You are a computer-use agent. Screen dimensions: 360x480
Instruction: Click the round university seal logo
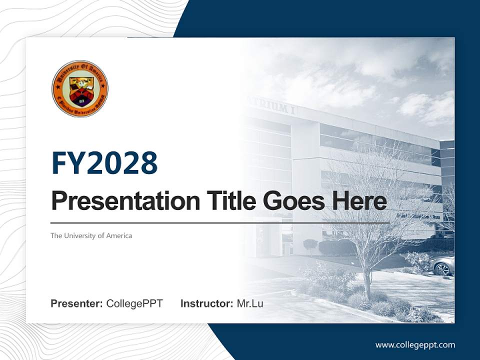(80, 88)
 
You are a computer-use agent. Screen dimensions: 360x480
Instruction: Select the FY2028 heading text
(104, 163)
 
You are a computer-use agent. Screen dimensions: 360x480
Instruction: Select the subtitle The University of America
(91, 235)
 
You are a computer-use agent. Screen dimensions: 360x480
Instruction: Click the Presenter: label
(76, 303)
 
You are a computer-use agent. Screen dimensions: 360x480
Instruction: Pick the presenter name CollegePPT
(134, 303)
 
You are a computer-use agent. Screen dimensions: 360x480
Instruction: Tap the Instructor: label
(206, 303)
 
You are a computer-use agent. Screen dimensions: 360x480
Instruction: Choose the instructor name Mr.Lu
(250, 303)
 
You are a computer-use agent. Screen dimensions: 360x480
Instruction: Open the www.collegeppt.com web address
(415, 345)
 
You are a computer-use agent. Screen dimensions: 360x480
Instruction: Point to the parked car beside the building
(443, 266)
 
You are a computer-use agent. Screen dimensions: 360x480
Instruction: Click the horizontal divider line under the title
(220, 223)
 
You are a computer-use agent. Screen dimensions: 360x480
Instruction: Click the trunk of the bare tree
(367, 280)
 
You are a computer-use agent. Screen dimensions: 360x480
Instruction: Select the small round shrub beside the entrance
(310, 244)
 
